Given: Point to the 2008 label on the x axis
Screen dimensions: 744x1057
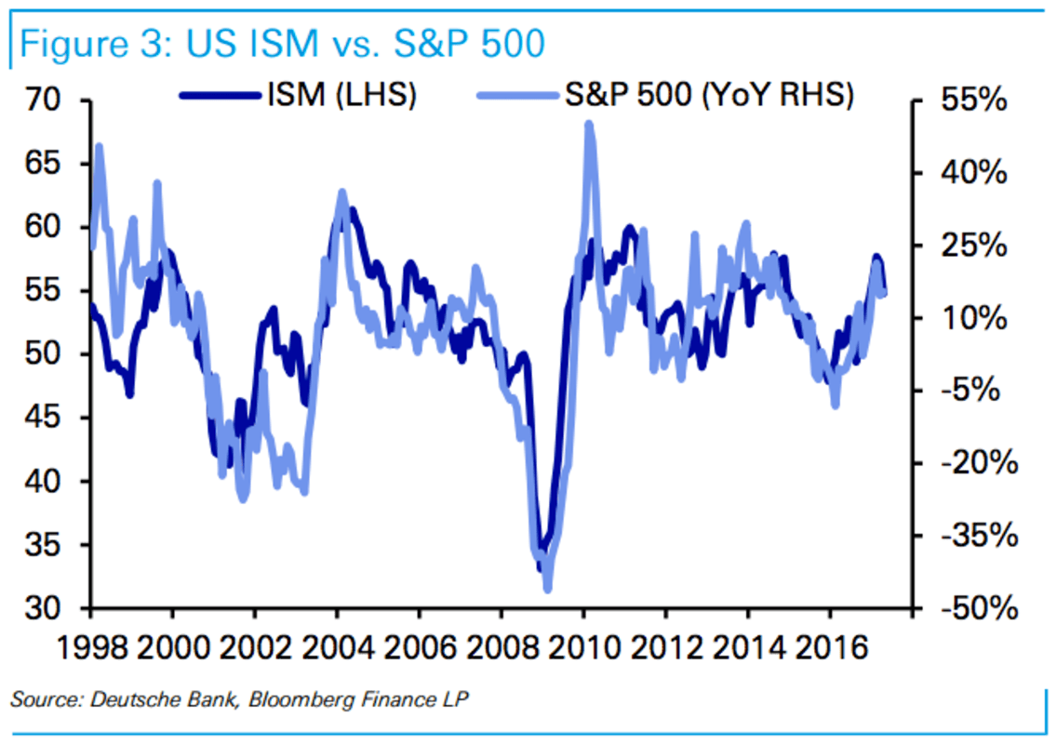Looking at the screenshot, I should [x=502, y=644].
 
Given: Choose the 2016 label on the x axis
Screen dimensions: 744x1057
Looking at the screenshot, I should [x=829, y=644].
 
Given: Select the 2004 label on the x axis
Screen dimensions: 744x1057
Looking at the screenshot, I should [x=338, y=644].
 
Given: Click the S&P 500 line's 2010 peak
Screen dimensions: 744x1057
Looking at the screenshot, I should [x=588, y=125].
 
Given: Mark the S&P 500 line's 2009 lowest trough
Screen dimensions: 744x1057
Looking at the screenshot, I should [x=547, y=588].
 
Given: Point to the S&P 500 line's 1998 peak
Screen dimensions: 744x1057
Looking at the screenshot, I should [x=99, y=147].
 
